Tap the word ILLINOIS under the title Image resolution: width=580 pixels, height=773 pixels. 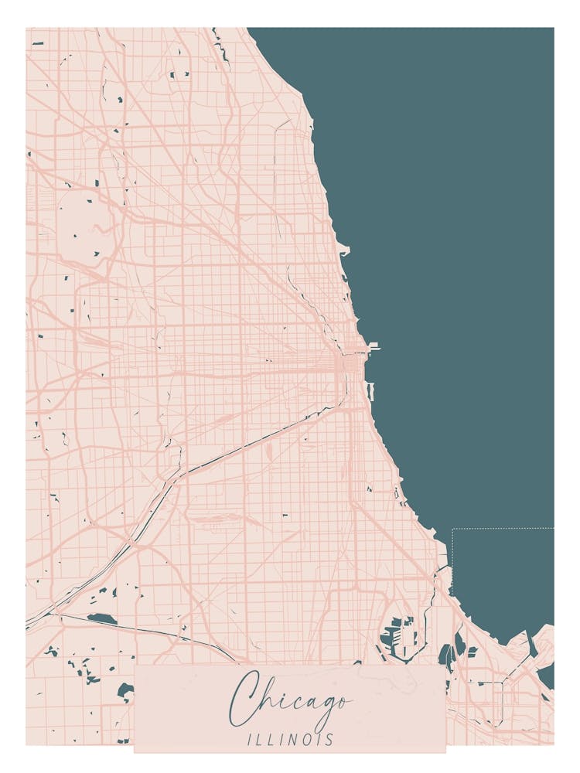[290, 740]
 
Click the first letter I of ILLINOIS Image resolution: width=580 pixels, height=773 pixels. [250, 740]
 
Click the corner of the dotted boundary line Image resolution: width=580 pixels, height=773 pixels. [452, 530]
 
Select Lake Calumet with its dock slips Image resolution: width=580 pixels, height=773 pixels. [398, 634]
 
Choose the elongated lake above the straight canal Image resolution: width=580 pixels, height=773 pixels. [102, 619]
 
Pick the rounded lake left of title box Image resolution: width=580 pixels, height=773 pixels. [125, 689]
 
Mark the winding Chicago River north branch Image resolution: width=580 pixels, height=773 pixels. [298, 286]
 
